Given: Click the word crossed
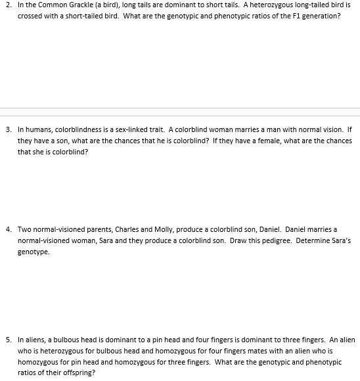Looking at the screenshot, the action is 29,15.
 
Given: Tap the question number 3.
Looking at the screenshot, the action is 6,129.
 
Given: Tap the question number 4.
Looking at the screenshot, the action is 6,229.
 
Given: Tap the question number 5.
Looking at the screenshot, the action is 6,340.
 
